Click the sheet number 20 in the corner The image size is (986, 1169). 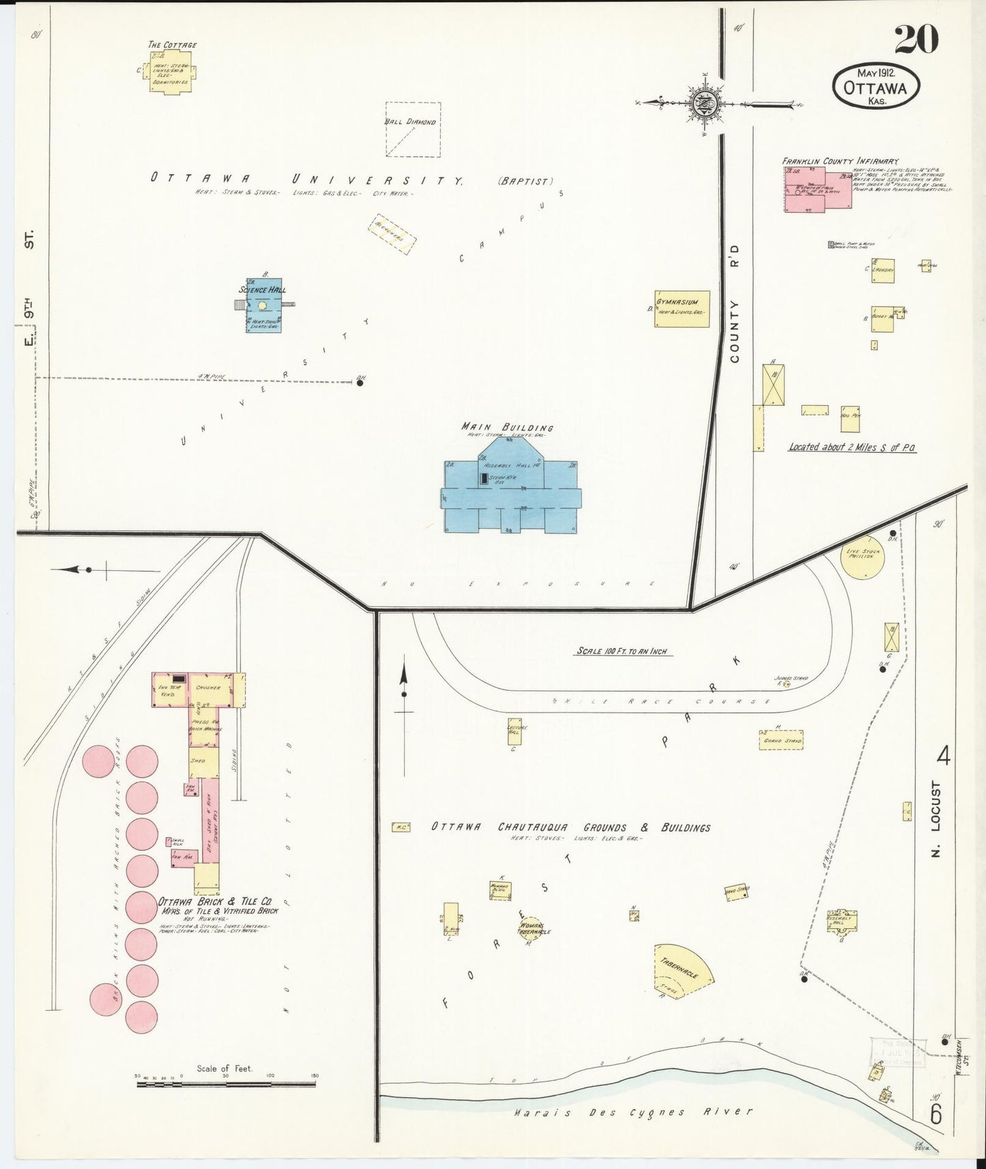[916, 39]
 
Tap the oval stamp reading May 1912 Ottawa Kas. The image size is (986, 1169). [876, 86]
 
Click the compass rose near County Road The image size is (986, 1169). [703, 104]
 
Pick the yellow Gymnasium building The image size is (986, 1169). [681, 309]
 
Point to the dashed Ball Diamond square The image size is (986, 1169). [413, 129]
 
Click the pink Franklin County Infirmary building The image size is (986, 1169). [817, 189]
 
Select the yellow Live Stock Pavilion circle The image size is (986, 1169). [862, 557]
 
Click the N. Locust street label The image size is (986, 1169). [936, 818]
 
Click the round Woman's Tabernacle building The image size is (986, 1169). [531, 929]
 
